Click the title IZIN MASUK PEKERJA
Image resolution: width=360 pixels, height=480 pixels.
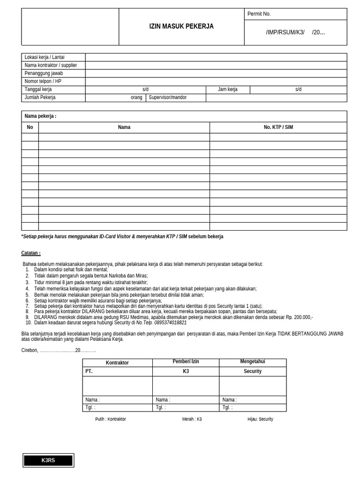(x=181, y=27)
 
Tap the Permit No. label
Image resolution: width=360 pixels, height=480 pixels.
(x=259, y=14)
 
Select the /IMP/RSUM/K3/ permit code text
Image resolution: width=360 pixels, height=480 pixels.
(x=285, y=32)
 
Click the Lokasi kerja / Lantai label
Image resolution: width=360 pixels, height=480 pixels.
(x=45, y=57)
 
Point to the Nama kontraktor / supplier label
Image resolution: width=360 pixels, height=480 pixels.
(x=51, y=65)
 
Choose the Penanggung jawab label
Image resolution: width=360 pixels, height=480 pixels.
(x=44, y=73)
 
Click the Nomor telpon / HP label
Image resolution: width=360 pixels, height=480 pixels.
(x=43, y=81)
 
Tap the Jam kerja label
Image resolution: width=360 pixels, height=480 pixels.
(x=228, y=89)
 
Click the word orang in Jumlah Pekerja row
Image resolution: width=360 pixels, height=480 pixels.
(x=136, y=97)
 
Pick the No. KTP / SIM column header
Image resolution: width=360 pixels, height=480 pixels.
(x=278, y=127)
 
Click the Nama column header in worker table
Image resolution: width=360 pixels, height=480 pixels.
(x=124, y=127)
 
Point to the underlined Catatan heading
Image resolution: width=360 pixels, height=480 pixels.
(x=31, y=253)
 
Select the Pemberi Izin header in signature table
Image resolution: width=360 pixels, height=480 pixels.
(x=186, y=362)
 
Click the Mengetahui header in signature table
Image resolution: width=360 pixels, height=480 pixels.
(x=253, y=362)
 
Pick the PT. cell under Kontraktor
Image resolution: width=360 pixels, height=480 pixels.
(x=89, y=371)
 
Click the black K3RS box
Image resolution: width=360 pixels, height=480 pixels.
(x=48, y=460)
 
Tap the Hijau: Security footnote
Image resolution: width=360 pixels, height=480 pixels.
(x=260, y=419)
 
